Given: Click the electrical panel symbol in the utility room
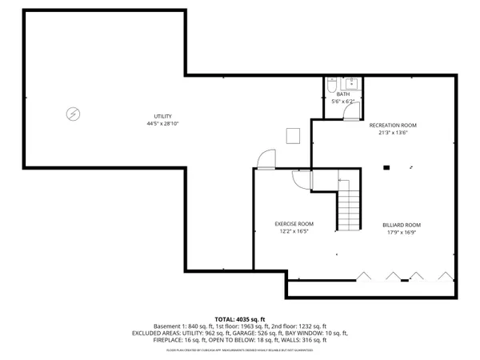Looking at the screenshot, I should [x=73, y=114].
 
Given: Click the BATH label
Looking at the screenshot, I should [x=342, y=94].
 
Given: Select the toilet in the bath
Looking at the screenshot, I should [x=334, y=84].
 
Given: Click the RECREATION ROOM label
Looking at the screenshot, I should [x=392, y=126].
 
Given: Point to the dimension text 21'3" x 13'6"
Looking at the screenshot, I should [x=392, y=134].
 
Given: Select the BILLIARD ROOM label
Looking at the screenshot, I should [x=401, y=225].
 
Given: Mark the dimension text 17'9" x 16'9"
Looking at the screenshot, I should [x=401, y=233].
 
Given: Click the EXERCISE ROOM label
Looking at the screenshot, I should [x=294, y=224].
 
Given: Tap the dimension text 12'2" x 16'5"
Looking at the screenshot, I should [x=294, y=232].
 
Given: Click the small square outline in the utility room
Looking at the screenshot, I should [x=293, y=135].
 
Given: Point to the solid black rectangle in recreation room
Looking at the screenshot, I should [x=386, y=167].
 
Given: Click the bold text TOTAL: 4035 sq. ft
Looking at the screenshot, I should [x=239, y=318].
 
